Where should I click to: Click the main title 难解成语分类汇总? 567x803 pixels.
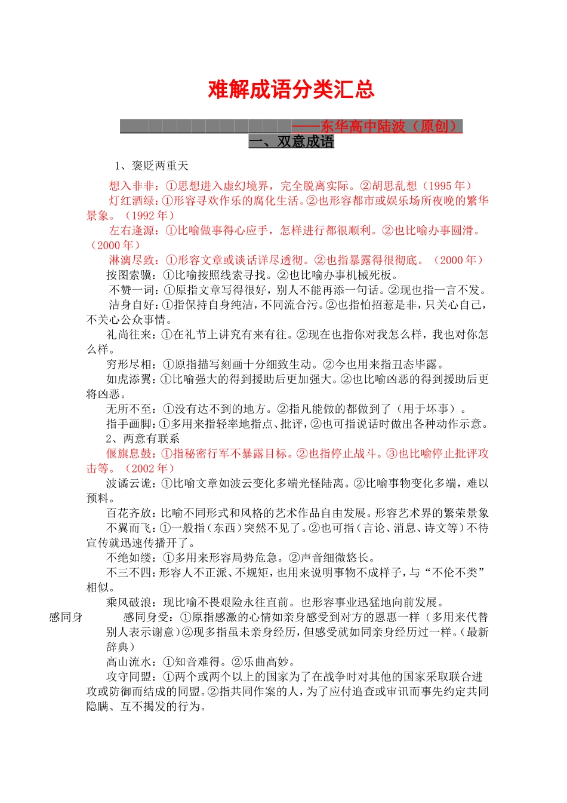[x=291, y=90]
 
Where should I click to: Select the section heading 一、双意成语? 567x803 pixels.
[x=291, y=142]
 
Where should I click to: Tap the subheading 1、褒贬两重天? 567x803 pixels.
[x=152, y=165]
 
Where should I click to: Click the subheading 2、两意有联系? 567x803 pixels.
[x=143, y=439]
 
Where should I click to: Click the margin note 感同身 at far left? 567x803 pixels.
[x=66, y=617]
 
